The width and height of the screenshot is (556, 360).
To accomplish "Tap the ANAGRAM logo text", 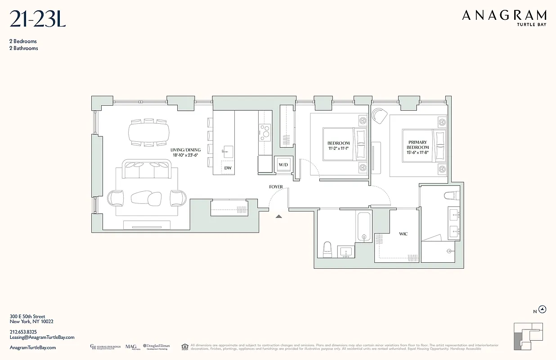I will click(504, 16).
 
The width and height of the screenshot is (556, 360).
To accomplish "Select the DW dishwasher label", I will click(228, 168).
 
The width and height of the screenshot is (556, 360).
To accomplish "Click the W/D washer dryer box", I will click(283, 165).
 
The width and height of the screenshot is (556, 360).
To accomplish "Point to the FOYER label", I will click(276, 187).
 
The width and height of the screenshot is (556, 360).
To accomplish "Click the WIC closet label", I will click(404, 234).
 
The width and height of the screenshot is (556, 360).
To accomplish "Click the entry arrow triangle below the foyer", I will click(279, 216).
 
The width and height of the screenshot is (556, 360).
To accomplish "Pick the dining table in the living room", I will click(149, 133).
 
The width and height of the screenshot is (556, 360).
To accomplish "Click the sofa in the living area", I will click(148, 170).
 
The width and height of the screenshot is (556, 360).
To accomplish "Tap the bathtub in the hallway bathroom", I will click(363, 227).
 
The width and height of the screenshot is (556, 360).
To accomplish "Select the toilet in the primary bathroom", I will click(451, 195).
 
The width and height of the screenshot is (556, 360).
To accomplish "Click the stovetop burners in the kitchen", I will click(265, 131).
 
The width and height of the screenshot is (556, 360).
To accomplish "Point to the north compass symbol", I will click(543, 309).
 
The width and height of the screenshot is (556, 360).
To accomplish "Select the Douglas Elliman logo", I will click(157, 347).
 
